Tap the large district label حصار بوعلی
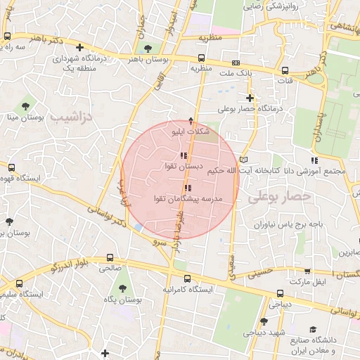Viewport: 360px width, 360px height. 278,199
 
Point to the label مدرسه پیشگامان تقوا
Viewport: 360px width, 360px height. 188,199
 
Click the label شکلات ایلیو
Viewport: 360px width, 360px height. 191,131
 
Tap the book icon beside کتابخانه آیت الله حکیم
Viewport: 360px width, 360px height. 244,159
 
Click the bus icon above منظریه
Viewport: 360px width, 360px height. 202,58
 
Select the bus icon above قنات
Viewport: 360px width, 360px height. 285,70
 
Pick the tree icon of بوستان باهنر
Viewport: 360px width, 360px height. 147,49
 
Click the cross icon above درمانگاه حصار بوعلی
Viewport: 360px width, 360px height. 250,98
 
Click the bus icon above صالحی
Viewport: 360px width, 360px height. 109,258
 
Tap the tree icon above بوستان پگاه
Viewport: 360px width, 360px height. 123,288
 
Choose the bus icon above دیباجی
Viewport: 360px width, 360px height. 281,293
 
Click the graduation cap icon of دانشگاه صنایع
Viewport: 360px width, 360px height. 313,329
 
